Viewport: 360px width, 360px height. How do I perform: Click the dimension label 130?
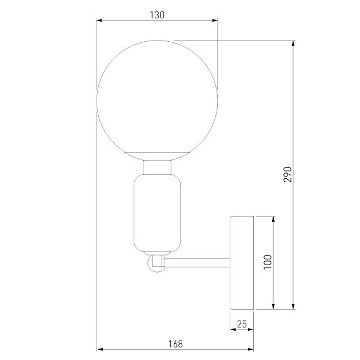[x=157, y=15]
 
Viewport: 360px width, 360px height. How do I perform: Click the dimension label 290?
[x=288, y=174]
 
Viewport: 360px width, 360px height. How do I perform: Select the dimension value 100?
[x=269, y=263]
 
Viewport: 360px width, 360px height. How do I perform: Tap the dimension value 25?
[x=242, y=325]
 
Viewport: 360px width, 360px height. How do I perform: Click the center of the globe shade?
[x=157, y=100]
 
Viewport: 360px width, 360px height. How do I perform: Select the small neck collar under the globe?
[x=157, y=167]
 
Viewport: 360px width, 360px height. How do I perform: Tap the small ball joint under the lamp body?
[x=155, y=264]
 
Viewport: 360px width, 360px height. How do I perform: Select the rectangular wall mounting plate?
[x=242, y=263]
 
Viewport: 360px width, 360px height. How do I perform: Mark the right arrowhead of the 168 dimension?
[x=250, y=349]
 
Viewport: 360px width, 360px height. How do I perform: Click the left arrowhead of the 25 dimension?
[x=233, y=330]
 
